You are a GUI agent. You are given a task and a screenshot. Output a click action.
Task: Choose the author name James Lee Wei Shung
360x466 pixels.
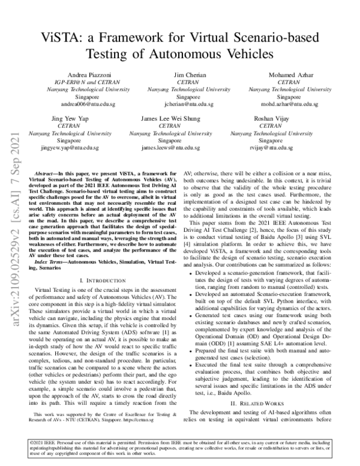click(179, 118)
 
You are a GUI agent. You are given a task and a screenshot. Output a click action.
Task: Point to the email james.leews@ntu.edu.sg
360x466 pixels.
click(179, 147)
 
